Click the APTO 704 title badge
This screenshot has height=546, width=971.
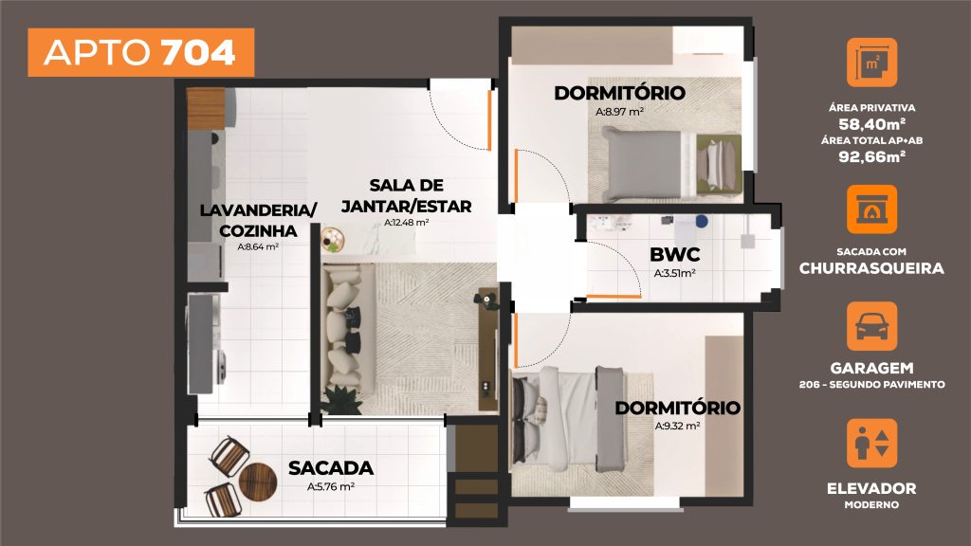tap(140, 53)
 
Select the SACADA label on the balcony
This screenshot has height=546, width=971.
tap(330, 467)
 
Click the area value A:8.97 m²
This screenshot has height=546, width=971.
tap(620, 112)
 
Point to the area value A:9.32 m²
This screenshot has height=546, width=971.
tap(677, 427)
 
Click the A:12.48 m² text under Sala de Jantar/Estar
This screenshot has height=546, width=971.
tap(407, 223)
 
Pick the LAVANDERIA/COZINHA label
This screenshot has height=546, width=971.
tap(258, 220)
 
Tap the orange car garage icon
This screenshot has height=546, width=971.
tap(870, 327)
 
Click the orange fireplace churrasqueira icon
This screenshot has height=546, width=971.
tap(870, 209)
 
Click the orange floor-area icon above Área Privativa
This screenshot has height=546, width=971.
tap(870, 64)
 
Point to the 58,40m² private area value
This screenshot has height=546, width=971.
tap(870, 123)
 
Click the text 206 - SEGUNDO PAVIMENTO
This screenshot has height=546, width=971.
tap(870, 384)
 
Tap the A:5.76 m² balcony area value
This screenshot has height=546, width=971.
tap(330, 487)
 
